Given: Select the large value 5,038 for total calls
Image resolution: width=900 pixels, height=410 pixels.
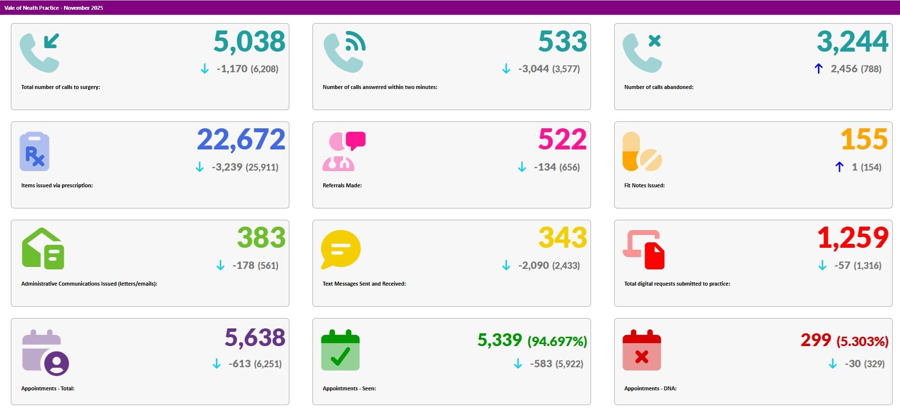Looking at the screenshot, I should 249,42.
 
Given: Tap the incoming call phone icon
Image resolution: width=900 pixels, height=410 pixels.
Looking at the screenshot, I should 40,53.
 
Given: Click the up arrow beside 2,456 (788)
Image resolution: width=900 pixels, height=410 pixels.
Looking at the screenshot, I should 818,69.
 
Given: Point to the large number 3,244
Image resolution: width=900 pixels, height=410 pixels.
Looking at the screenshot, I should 852,42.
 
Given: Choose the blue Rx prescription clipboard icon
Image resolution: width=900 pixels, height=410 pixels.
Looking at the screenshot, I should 34,151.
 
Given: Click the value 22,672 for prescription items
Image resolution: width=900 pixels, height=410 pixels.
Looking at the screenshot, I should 241,140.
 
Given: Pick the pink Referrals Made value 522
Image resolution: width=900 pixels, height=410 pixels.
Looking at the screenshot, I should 562,140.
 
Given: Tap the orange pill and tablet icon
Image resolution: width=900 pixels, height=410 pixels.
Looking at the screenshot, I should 642,151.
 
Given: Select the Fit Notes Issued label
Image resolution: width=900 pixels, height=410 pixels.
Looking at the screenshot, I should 644,185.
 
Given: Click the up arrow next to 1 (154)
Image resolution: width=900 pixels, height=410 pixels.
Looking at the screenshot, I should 839,167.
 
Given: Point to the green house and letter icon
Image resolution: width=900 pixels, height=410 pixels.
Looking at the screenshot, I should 43,249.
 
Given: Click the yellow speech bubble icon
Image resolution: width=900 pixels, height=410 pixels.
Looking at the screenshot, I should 341,249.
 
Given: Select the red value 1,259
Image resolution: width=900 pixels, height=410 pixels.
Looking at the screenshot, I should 852,238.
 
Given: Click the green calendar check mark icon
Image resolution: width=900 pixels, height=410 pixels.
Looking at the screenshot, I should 341,350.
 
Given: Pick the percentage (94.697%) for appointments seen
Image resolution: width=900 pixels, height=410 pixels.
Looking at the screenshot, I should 557,341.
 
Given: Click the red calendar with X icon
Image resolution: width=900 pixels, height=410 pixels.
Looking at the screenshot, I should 642,350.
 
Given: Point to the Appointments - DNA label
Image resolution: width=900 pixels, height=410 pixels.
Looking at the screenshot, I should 650,388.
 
